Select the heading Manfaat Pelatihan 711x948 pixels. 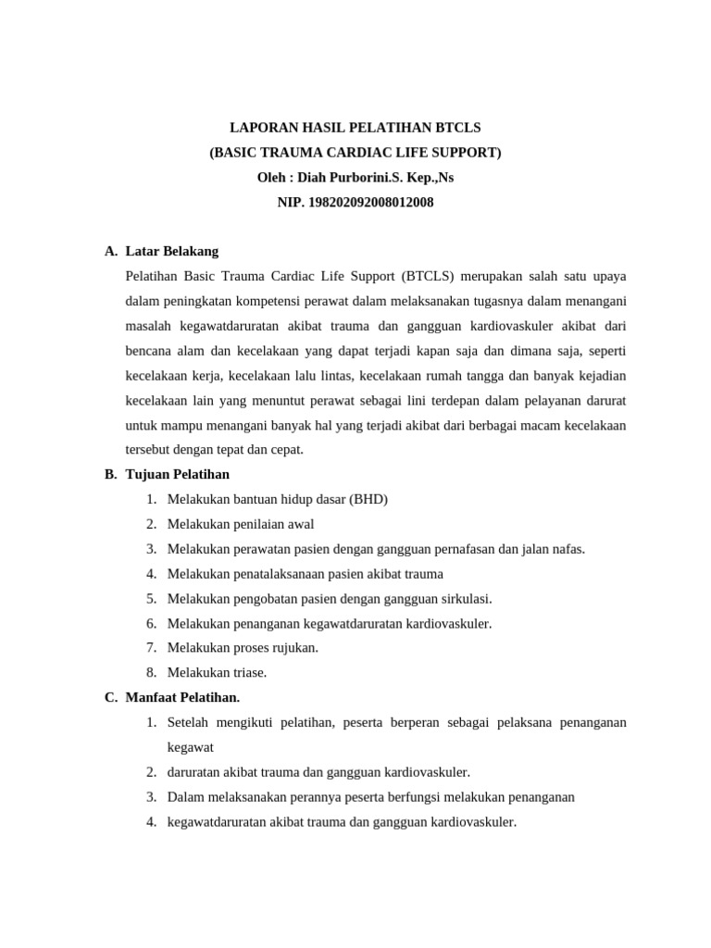tap(182, 697)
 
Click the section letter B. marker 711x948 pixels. tap(110, 474)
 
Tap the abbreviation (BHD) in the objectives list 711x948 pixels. tap(368, 499)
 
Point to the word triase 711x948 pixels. tap(247, 672)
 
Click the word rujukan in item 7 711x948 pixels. tap(294, 647)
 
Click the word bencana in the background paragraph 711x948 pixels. tap(149, 351)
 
